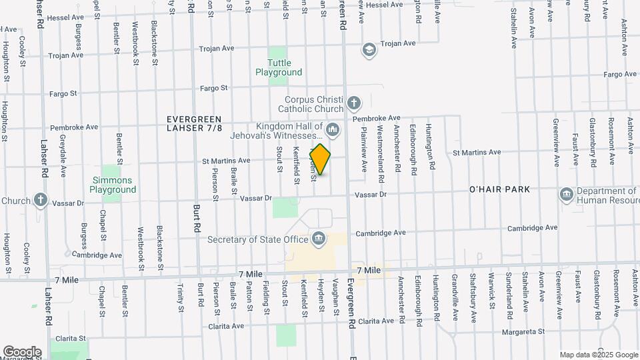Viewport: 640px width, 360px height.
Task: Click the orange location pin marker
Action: click(321, 159)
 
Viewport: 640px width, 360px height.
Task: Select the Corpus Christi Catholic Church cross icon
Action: click(353, 103)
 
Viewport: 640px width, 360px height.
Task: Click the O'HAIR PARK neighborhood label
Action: click(499, 189)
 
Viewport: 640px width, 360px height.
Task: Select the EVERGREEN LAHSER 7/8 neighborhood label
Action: click(194, 123)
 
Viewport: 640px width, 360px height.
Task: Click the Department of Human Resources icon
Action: click(566, 194)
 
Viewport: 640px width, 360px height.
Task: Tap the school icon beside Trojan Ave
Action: click(369, 50)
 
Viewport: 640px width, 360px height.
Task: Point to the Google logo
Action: click(22, 351)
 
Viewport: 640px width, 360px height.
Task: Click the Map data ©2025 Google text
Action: click(598, 355)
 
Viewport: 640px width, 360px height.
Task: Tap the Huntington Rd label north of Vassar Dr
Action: click(431, 146)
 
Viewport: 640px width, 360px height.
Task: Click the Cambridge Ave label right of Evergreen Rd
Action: click(381, 233)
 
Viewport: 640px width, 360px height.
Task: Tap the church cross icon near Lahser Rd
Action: click(41, 200)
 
